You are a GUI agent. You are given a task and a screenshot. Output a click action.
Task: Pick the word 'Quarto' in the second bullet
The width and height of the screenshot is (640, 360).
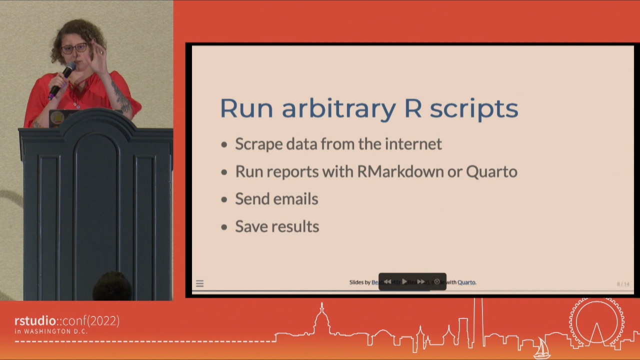(491, 171)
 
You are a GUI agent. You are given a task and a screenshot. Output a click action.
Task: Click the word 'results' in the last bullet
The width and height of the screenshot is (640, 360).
(298, 226)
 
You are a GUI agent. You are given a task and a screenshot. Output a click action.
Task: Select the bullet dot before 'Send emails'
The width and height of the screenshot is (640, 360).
(224, 199)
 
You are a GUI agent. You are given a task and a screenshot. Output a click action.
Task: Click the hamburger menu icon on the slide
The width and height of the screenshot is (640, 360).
(199, 283)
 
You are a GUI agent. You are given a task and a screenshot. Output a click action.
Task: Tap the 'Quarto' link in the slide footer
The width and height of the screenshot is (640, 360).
(466, 282)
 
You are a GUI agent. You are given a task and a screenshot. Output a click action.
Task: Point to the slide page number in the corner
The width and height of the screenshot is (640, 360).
(623, 284)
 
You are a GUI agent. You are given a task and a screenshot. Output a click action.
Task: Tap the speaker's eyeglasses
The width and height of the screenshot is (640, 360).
(74, 48)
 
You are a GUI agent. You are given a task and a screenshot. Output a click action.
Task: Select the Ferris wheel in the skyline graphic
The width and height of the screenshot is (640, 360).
(596, 322)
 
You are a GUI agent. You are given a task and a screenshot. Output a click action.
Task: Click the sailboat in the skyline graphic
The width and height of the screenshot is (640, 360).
(542, 348)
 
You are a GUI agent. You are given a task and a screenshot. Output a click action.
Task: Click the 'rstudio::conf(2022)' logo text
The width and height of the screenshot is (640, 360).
(66, 321)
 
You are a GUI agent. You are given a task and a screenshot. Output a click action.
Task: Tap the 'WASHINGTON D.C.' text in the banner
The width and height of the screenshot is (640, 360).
(55, 331)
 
